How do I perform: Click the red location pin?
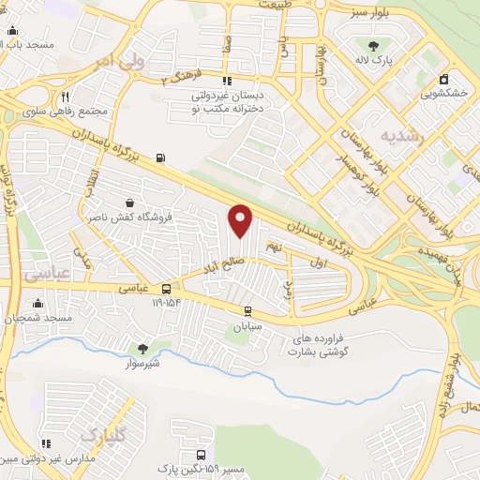(x=241, y=219)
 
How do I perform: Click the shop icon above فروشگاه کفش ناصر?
(x=129, y=202)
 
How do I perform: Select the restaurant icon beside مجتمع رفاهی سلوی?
(x=65, y=97)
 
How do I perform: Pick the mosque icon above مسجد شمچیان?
(x=37, y=304)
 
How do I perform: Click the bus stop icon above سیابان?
(x=247, y=312)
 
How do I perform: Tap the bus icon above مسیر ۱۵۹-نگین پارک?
(x=201, y=454)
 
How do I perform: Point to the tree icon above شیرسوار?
(x=142, y=348)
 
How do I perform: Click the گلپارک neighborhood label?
(x=101, y=435)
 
